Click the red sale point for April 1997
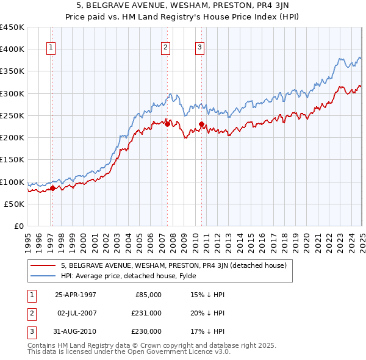(52, 188)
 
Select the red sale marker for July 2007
(167, 124)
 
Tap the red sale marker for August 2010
(202, 124)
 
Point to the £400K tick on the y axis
(13, 49)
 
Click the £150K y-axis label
(13, 159)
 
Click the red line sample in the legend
(43, 265)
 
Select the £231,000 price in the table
(146, 313)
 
